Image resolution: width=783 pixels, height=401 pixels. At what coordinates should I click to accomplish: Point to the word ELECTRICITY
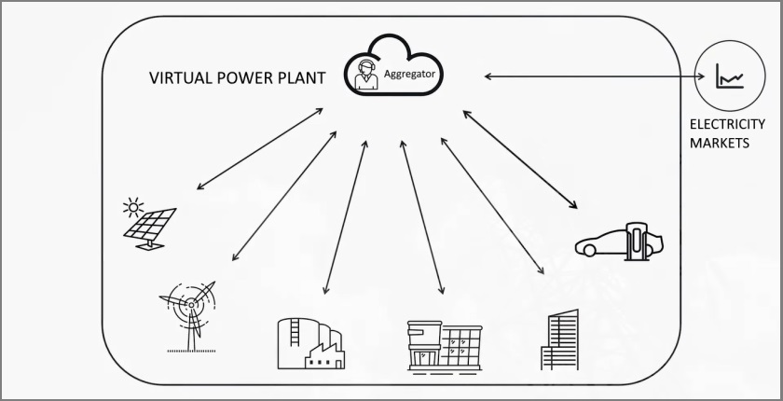pos(727,124)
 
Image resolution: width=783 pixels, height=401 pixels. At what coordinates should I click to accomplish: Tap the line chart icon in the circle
pos(729,76)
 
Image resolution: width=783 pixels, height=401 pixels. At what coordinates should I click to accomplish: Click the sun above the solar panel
pos(135,204)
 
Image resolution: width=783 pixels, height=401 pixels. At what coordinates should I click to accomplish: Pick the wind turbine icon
pos(192,312)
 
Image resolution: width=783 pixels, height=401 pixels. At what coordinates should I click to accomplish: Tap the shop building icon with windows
pos(445,346)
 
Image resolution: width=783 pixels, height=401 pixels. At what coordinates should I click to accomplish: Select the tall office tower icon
pos(559,340)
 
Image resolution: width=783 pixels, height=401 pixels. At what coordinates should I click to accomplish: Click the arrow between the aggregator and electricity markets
pos(587,76)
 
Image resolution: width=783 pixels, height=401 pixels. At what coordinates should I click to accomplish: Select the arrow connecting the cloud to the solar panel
pos(261,149)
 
